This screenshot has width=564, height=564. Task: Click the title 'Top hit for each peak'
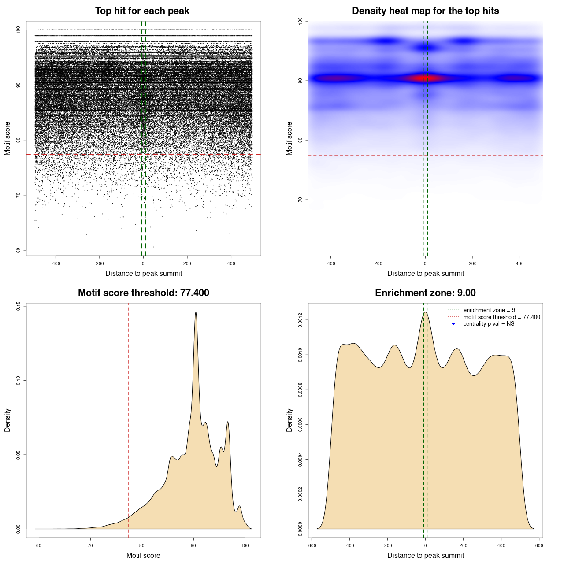point(142,11)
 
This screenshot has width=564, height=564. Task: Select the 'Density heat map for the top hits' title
point(425,11)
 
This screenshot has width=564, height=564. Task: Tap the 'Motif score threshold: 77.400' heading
point(143,293)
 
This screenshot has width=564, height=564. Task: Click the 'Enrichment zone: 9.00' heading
point(425,293)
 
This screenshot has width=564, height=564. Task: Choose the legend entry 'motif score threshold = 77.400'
point(501,317)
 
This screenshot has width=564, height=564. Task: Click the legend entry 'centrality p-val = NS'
point(489,324)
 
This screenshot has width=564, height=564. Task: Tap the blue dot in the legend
point(453,324)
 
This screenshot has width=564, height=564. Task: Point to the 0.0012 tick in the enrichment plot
point(300,320)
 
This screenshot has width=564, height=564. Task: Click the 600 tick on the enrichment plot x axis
point(539,545)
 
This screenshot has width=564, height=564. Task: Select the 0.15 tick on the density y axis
point(18,306)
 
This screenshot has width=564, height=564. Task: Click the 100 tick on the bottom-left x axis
point(245,545)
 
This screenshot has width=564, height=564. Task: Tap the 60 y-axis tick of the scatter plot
point(18,250)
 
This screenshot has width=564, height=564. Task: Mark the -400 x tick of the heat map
point(330,263)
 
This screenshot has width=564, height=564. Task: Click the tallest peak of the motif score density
point(196,312)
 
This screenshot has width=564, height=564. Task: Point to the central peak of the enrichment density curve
point(425,312)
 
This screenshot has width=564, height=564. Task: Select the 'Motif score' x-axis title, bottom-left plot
point(143,555)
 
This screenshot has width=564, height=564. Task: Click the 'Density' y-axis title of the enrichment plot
point(289,420)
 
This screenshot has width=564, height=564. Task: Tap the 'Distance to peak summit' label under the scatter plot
point(144,273)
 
